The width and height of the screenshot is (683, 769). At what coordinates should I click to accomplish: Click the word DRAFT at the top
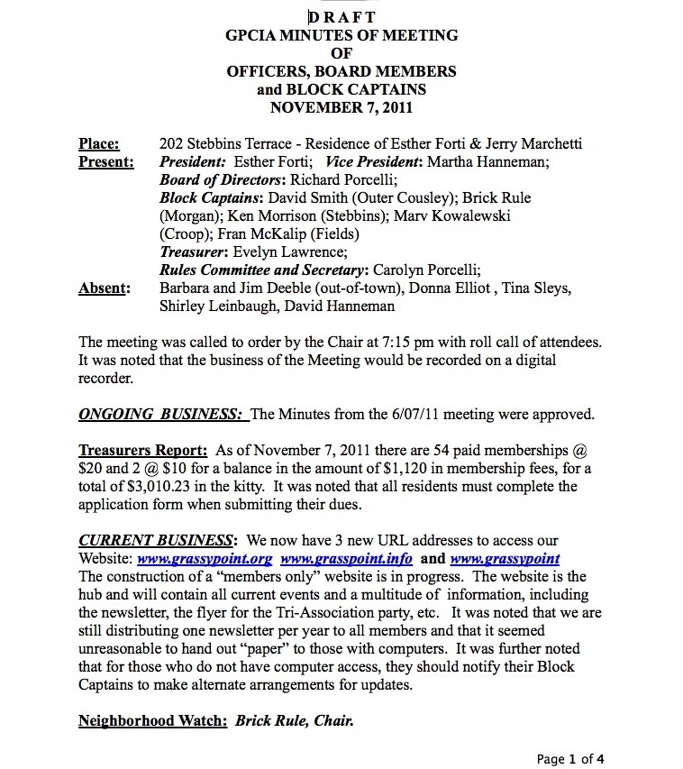[x=341, y=17]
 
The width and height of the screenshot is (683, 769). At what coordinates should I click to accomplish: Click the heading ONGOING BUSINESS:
[x=162, y=415]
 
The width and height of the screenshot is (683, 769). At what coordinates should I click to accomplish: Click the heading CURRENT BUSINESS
[x=155, y=541]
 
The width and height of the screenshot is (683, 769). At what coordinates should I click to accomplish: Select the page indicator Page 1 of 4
[x=576, y=759]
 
